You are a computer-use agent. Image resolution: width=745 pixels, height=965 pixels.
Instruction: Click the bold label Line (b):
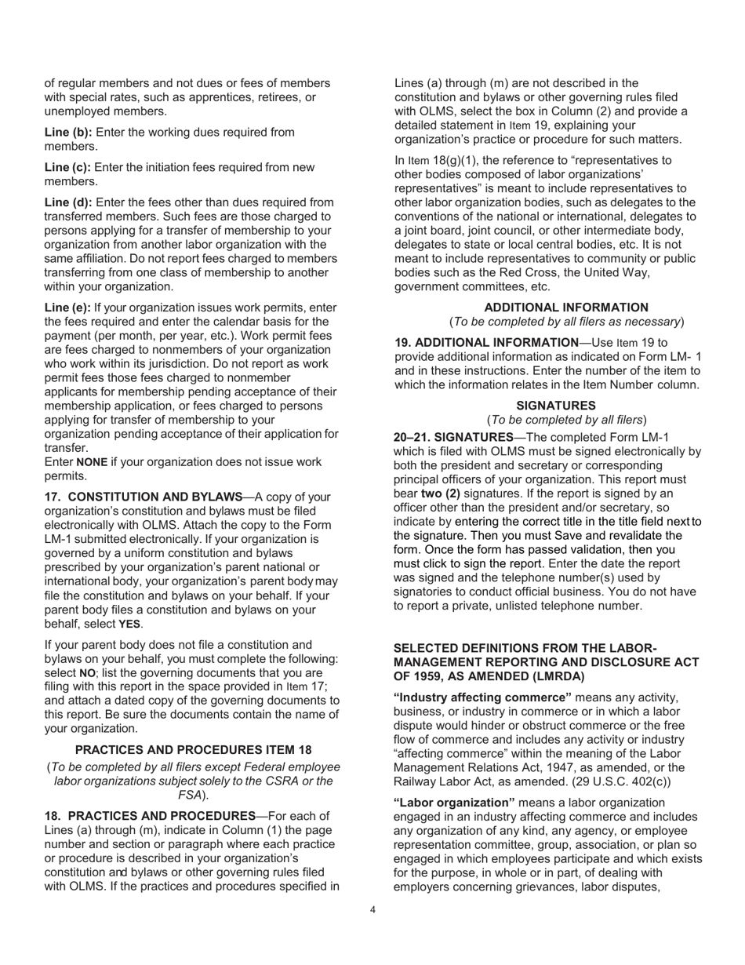pyautogui.click(x=67, y=133)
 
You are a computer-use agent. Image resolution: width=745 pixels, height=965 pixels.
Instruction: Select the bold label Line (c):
pyautogui.click(x=67, y=167)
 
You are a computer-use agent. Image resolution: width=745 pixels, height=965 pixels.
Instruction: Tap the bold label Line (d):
pyautogui.click(x=67, y=202)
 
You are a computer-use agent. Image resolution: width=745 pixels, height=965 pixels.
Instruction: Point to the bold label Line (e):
pyautogui.click(x=67, y=308)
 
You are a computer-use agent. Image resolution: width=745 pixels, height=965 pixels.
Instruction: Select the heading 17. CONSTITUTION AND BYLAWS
pyautogui.click(x=144, y=497)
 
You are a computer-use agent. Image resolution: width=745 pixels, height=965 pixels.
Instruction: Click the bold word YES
pyautogui.click(x=129, y=625)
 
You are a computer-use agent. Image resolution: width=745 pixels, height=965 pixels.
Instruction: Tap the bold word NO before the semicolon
pyautogui.click(x=88, y=674)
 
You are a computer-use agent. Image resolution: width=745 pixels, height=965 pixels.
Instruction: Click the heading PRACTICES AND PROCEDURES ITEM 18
pyautogui.click(x=193, y=750)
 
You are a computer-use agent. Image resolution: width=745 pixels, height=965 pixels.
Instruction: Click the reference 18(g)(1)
pyautogui.click(x=447, y=161)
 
